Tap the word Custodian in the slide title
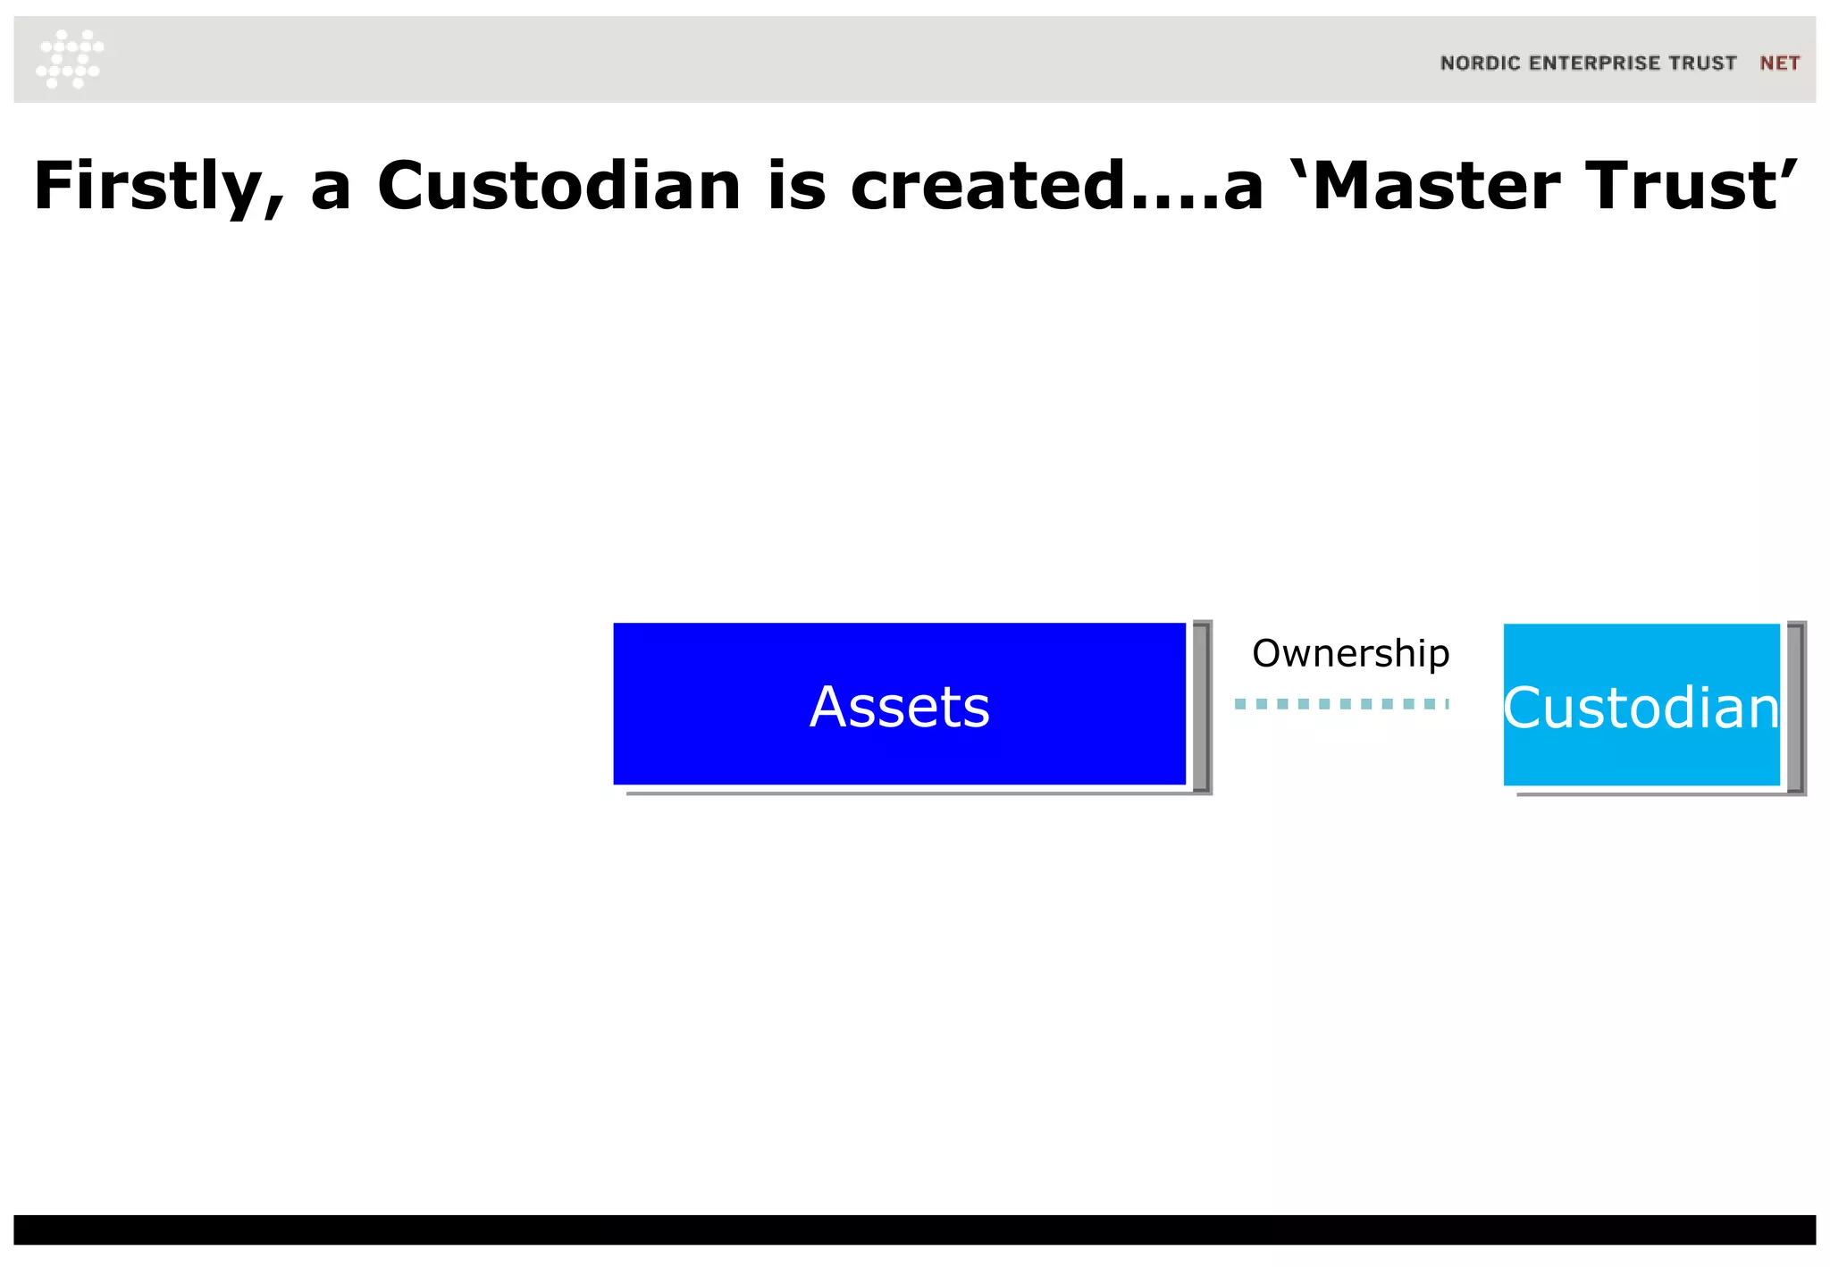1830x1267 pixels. pos(559,186)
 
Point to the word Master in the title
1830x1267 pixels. pos(1438,186)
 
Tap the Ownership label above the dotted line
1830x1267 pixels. pos(1350,653)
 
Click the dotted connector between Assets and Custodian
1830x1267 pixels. pos(1340,704)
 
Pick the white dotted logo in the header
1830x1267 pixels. pos(70,59)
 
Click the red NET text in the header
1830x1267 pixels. pos(1779,63)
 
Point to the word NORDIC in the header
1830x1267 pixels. pos(1480,63)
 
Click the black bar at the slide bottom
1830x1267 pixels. pos(915,1229)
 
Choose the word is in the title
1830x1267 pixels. pos(796,186)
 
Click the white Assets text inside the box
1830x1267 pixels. pos(899,707)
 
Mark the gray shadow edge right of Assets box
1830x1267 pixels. pos(1203,707)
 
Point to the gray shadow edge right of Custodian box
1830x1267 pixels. pos(1796,707)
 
